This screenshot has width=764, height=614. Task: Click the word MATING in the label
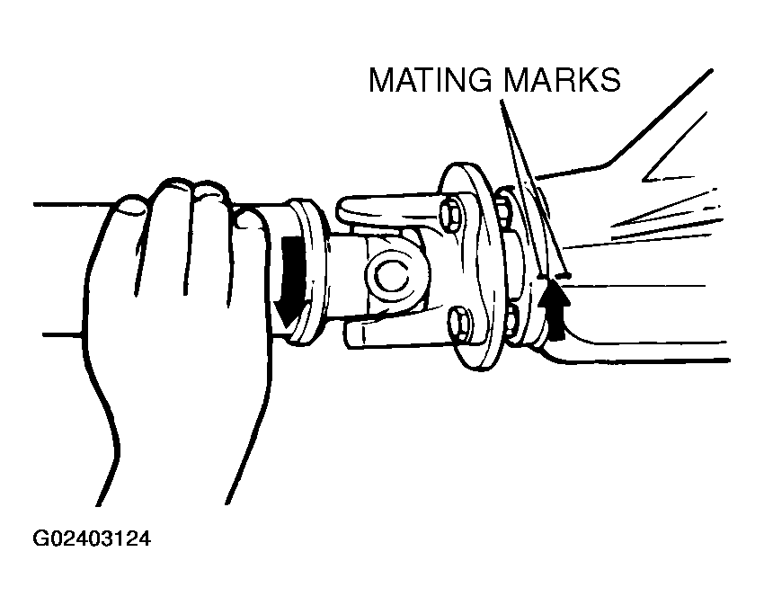(431, 79)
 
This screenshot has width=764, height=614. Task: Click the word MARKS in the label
(563, 79)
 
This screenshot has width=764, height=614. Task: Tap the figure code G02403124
(92, 539)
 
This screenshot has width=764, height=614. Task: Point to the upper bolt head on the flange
(449, 213)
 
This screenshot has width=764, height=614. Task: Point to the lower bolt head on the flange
(459, 323)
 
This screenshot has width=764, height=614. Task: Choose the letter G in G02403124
(40, 539)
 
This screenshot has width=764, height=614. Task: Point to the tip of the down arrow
(286, 327)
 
